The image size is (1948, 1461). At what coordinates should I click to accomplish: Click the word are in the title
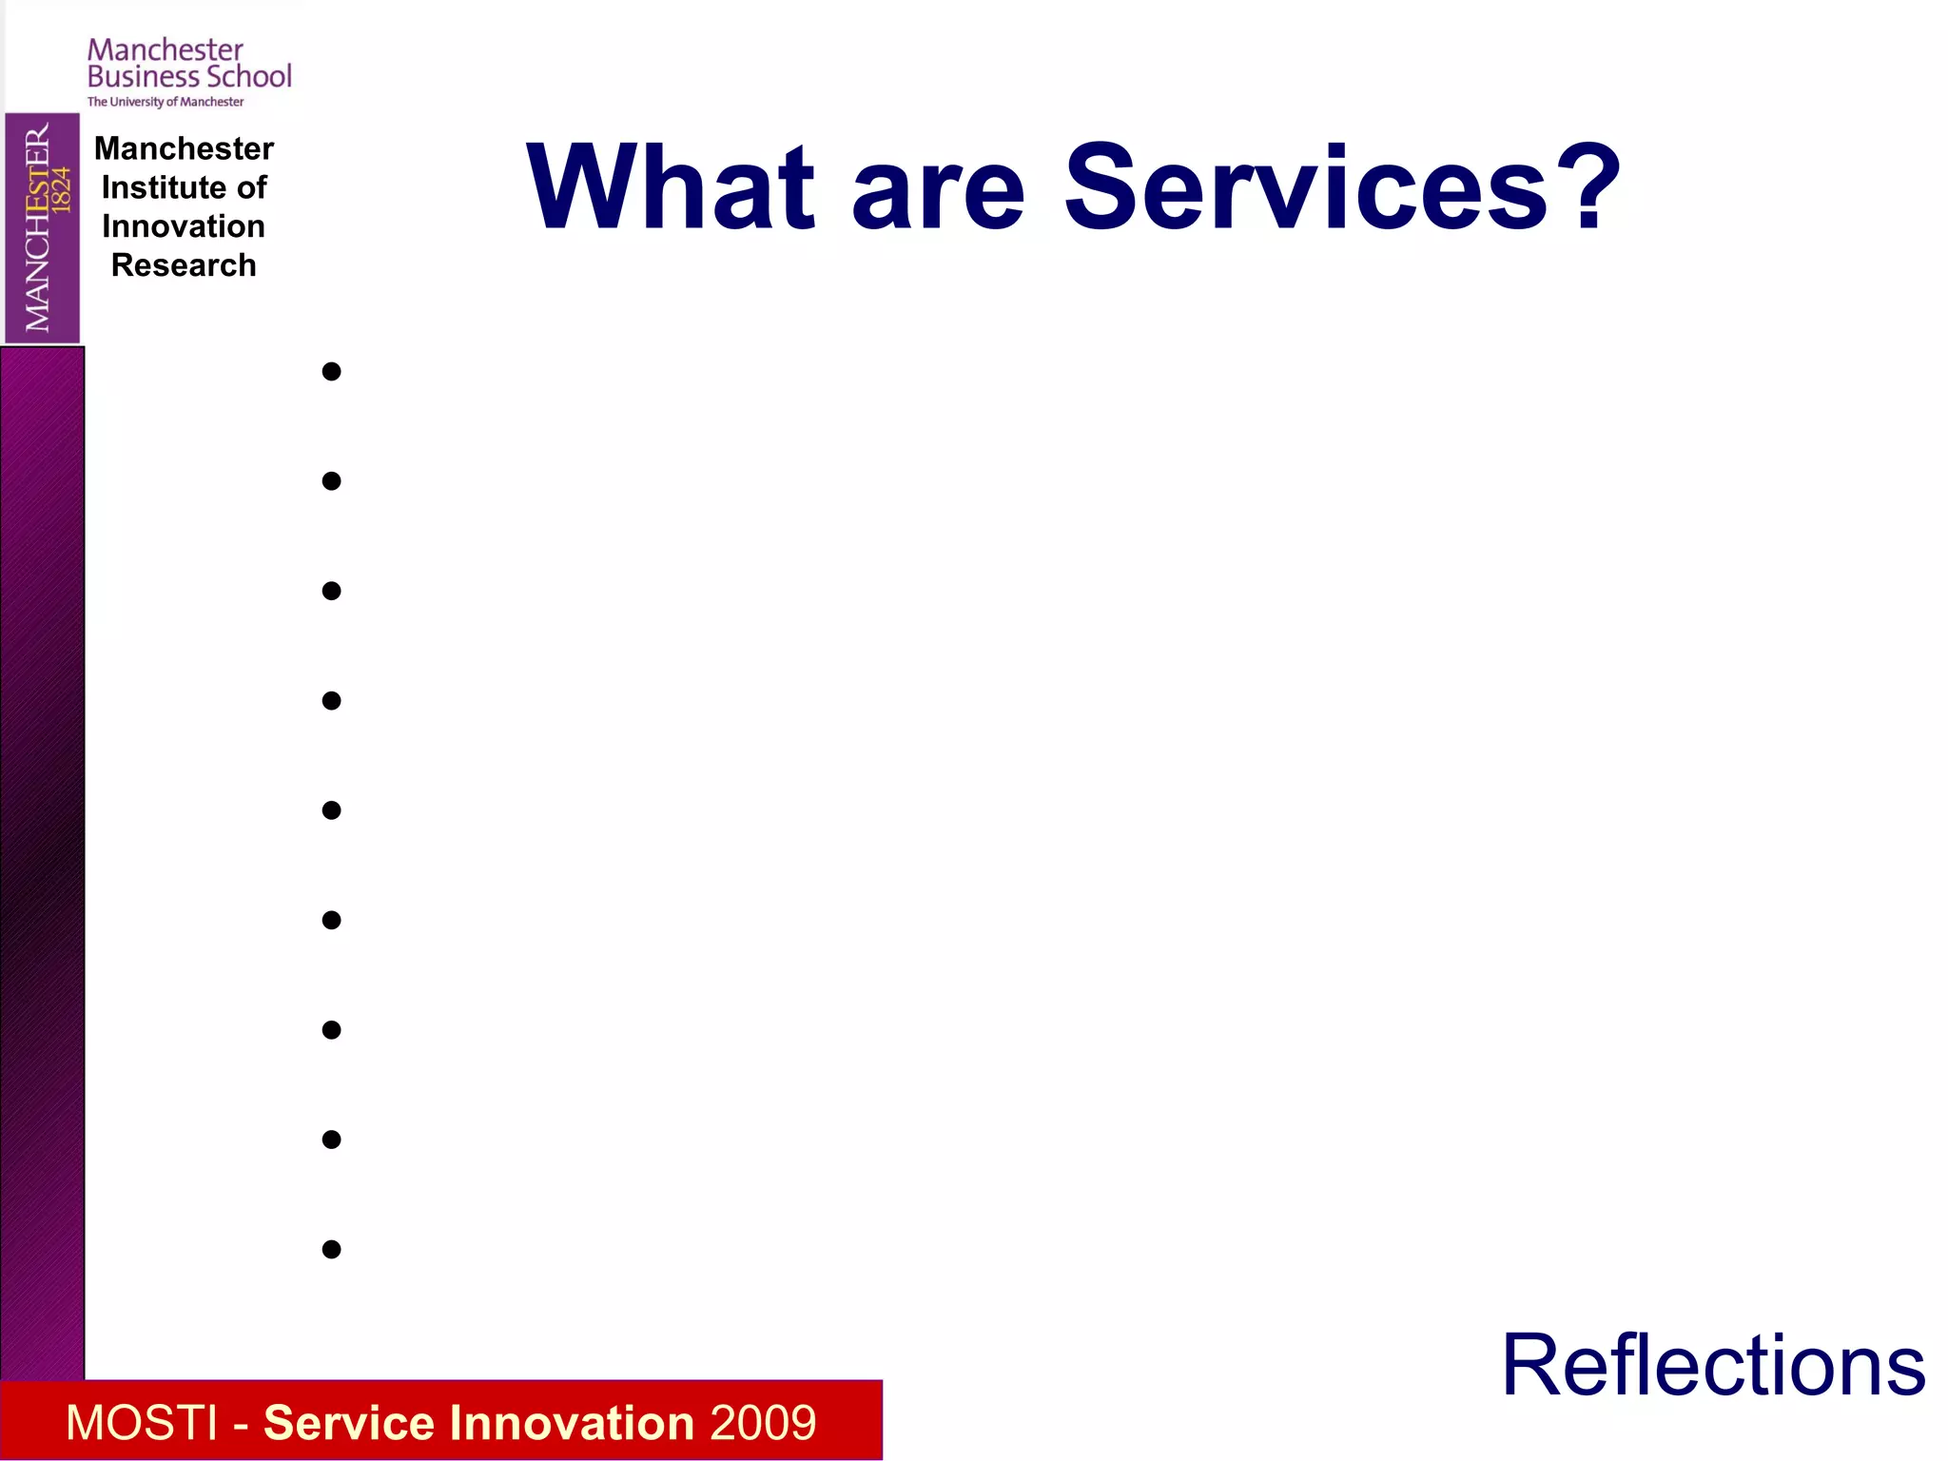pyautogui.click(x=938, y=195)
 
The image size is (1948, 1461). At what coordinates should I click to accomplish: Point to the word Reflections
pyautogui.click(x=1713, y=1366)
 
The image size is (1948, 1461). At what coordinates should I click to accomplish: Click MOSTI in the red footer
pyautogui.click(x=142, y=1423)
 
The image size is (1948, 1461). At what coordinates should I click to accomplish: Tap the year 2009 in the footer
pyautogui.click(x=762, y=1423)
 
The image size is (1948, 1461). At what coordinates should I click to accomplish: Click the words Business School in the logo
pyautogui.click(x=189, y=77)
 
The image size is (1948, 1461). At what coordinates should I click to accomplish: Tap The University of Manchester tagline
pyautogui.click(x=166, y=102)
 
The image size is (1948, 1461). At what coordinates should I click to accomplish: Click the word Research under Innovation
pyautogui.click(x=184, y=265)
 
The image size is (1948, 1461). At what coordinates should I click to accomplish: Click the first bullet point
pyautogui.click(x=331, y=372)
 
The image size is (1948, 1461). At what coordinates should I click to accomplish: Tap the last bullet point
pyautogui.click(x=331, y=1249)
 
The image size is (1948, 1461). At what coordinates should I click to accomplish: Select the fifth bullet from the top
pyautogui.click(x=331, y=810)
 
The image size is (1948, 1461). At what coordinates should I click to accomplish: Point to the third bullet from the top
pyautogui.click(x=331, y=591)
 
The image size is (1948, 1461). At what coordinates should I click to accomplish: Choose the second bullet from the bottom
pyautogui.click(x=331, y=1140)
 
